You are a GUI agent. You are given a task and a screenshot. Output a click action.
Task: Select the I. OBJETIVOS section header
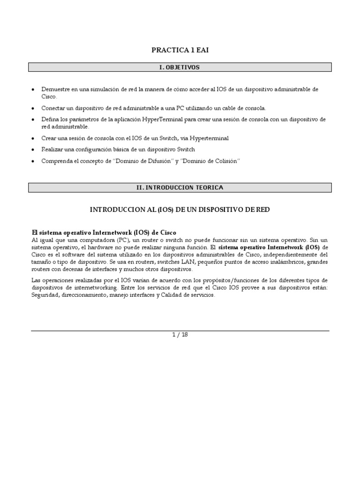click(x=180, y=67)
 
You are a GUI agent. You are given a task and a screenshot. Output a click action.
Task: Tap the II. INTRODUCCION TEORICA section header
click(x=180, y=187)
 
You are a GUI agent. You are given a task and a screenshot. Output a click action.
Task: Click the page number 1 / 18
click(x=180, y=335)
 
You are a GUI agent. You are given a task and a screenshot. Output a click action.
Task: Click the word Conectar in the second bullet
click(x=53, y=108)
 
